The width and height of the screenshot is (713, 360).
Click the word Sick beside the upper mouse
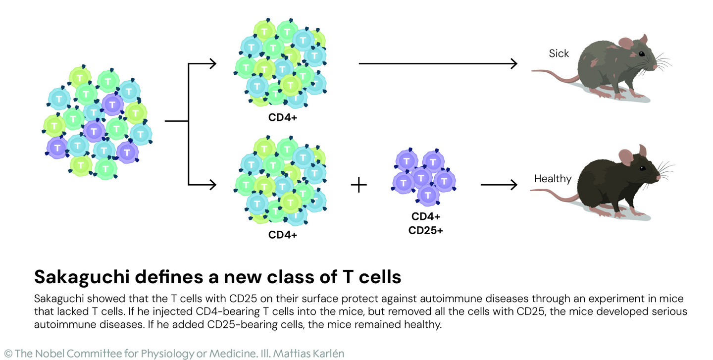click(559, 53)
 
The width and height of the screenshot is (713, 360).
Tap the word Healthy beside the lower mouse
click(553, 179)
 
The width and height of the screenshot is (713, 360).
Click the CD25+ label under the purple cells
click(425, 230)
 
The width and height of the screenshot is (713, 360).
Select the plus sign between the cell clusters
click(358, 185)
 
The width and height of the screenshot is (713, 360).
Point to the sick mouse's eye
click(642, 53)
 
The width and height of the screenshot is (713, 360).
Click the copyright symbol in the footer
click(7, 354)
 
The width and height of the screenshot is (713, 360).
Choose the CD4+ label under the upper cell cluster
click(283, 118)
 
